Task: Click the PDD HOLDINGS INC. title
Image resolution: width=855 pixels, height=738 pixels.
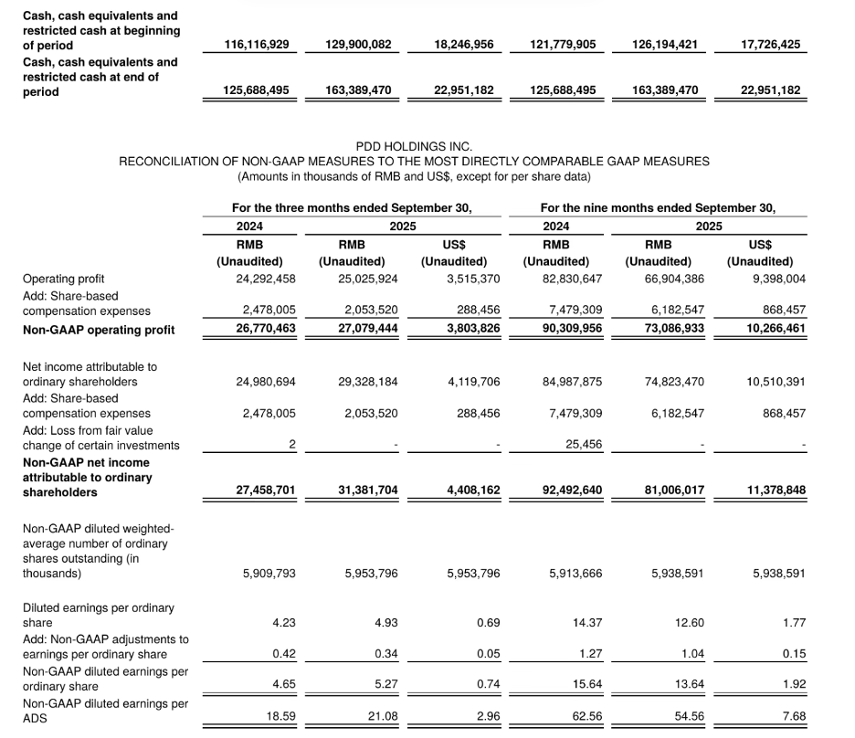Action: click(414, 146)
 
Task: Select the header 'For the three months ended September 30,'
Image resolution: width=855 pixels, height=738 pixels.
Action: click(352, 207)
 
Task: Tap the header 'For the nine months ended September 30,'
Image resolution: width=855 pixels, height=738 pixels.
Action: click(658, 207)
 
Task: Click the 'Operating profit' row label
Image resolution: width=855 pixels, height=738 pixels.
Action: click(63, 279)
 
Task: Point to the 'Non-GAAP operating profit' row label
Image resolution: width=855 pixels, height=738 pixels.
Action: click(98, 329)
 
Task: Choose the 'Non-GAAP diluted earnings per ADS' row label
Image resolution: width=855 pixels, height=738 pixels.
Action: click(105, 711)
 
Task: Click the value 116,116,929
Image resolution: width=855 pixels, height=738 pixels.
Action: click(260, 44)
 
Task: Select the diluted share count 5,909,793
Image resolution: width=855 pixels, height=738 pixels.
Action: click(269, 574)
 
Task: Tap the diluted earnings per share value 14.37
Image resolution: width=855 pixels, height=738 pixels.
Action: click(589, 623)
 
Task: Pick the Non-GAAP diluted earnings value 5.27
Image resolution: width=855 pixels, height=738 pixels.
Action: click(385, 685)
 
